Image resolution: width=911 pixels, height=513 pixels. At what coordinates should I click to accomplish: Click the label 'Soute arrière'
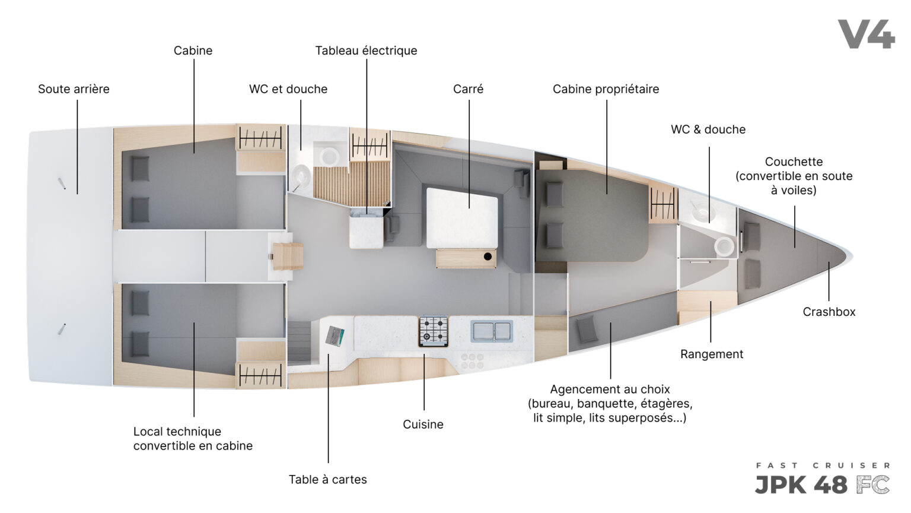[x=74, y=89]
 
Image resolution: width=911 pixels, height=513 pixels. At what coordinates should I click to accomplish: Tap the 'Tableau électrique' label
[x=366, y=50]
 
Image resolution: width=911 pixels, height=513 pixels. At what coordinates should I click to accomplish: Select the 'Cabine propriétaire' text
[x=606, y=89]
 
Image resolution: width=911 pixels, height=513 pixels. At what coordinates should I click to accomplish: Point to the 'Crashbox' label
[x=829, y=312]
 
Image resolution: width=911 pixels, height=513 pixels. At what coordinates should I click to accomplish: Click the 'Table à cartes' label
[x=328, y=479]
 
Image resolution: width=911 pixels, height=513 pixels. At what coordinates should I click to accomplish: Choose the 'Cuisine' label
[x=423, y=425]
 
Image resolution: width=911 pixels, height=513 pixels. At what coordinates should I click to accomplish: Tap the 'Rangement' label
[x=712, y=354]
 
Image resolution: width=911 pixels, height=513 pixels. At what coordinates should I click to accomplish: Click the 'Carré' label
[x=468, y=89]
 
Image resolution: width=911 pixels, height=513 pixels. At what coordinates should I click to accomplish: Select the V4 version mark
[x=867, y=34]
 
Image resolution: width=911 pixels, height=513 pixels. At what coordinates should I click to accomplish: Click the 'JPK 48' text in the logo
[x=801, y=485]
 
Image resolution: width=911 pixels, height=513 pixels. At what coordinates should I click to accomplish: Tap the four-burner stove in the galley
[x=434, y=331]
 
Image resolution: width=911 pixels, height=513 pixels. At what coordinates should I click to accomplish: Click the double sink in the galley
[x=491, y=331]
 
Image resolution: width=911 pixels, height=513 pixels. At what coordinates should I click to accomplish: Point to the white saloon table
[x=462, y=218]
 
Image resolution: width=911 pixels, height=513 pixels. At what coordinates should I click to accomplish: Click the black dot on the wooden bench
[x=488, y=256]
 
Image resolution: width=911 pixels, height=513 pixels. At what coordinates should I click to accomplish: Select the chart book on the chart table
[x=335, y=336]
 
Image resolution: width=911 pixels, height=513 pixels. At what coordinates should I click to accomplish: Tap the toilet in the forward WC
[x=725, y=246]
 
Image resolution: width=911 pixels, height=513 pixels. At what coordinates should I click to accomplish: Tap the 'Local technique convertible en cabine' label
[x=193, y=439]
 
